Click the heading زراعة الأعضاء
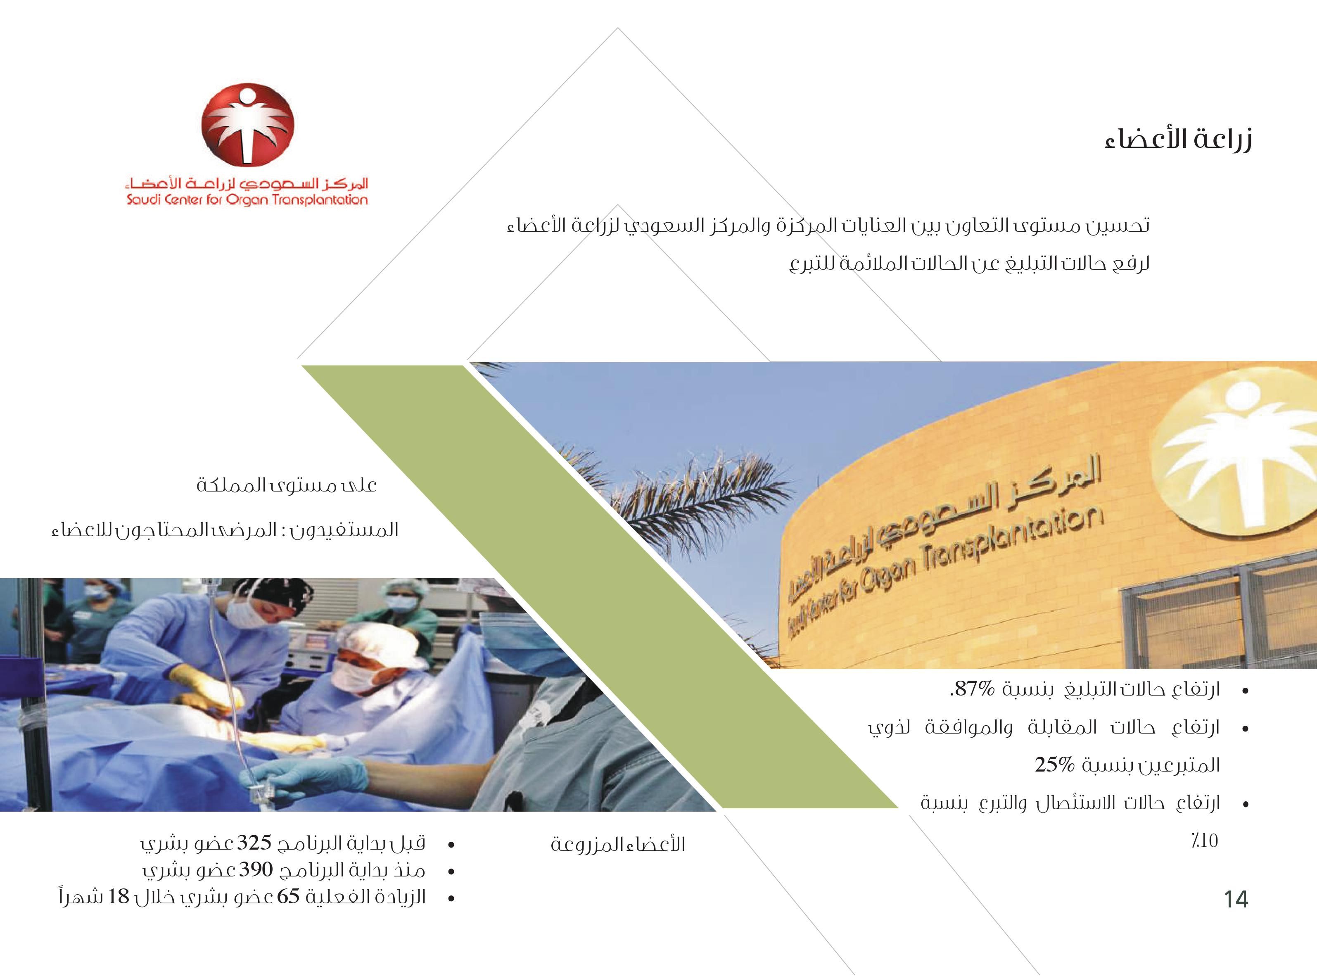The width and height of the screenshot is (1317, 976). point(1179,140)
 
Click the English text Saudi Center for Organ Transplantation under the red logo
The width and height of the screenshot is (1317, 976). point(247,199)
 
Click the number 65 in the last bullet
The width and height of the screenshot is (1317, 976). point(289,897)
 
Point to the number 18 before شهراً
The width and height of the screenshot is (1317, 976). point(119,897)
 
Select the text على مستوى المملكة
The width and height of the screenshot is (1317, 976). point(287,486)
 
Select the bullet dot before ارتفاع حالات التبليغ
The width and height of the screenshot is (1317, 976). point(1246,691)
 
